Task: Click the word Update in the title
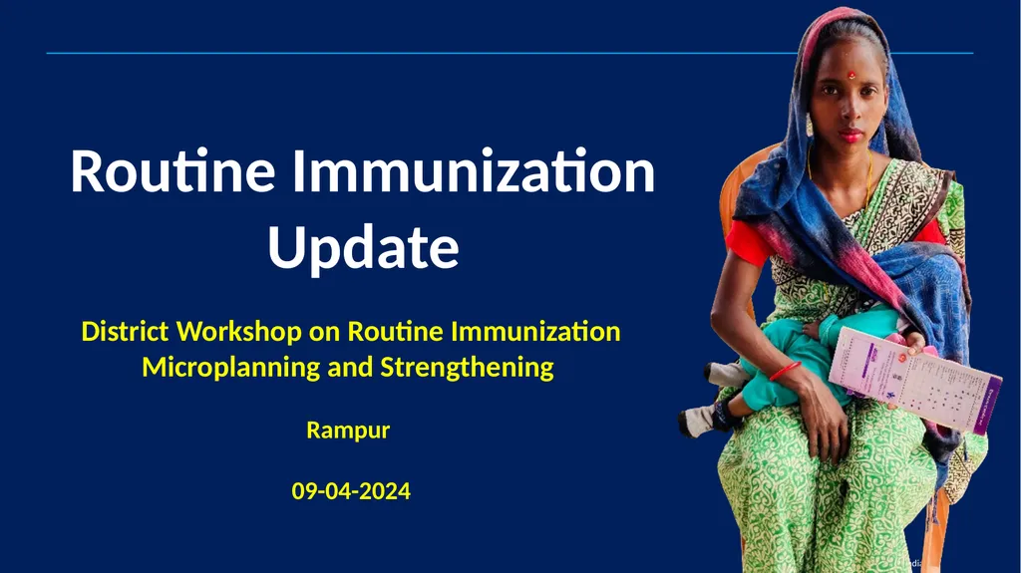(x=363, y=248)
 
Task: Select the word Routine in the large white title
(x=172, y=172)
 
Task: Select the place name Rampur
(x=347, y=430)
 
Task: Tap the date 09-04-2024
(x=350, y=490)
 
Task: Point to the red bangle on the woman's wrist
(x=784, y=372)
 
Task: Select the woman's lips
(x=851, y=135)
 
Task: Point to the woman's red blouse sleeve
(x=746, y=242)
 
